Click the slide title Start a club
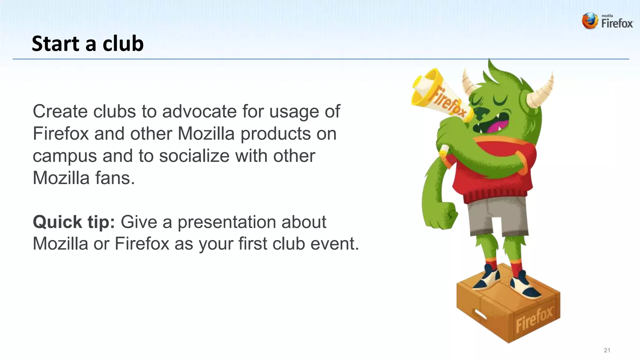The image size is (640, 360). [87, 43]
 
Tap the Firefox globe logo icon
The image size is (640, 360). [590, 21]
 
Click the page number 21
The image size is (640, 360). [607, 350]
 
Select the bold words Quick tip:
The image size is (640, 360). [74, 222]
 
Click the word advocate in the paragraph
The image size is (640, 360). [199, 112]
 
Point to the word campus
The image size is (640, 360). [65, 156]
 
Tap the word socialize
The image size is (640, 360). [194, 156]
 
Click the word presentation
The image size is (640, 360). [227, 222]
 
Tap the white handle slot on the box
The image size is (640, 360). [481, 314]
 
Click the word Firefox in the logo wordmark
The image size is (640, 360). [617, 24]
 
